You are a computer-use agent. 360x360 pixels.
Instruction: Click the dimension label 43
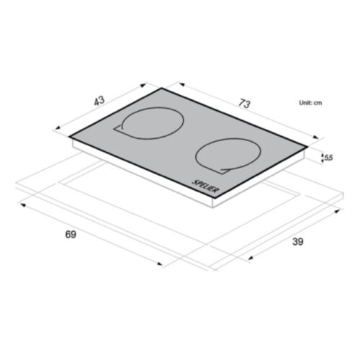coord(99,101)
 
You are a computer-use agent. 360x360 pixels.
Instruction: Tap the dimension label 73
coord(244,104)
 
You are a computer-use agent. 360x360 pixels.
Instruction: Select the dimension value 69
coord(71,234)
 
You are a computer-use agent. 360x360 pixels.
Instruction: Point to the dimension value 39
coord(298,241)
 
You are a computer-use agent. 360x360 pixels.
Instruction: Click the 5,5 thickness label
coord(328,158)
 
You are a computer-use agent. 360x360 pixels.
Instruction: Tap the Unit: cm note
coord(310,103)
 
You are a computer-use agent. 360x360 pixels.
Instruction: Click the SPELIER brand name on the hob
coord(205,186)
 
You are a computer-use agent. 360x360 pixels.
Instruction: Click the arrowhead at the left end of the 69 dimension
coord(22,204)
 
